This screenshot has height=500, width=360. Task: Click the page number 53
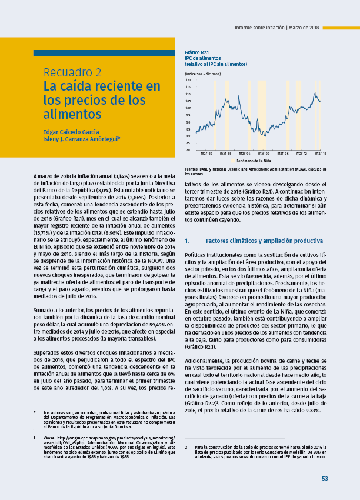point(324,478)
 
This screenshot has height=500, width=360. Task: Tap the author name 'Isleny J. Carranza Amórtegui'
point(81,139)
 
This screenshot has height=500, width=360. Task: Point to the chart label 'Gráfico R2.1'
point(197,52)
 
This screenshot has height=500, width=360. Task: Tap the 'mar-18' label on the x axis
point(321,154)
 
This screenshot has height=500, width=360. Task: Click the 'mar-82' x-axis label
point(206,154)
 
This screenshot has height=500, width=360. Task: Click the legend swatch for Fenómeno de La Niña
point(233,160)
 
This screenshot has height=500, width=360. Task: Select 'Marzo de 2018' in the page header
point(304,28)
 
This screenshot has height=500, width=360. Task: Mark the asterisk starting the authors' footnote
point(35,412)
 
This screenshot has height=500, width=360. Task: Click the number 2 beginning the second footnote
point(186,447)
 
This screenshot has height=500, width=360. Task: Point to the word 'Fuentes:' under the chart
point(192,169)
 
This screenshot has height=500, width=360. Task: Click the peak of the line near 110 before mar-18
point(315,92)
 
